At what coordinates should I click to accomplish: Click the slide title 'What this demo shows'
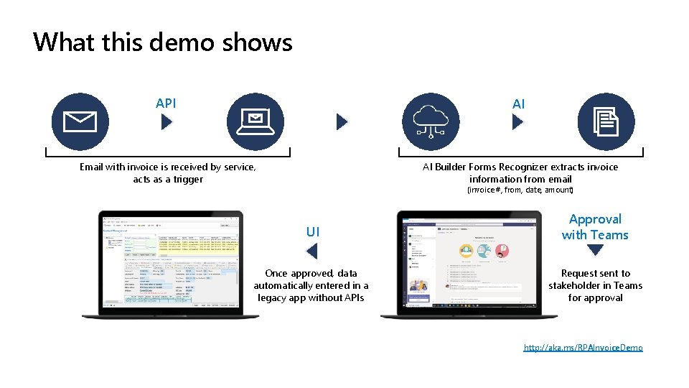click(163, 42)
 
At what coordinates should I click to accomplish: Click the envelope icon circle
click(80, 122)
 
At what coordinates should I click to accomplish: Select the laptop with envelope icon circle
click(256, 122)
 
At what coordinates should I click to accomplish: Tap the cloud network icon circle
click(431, 122)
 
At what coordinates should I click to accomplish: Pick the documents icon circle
click(606, 122)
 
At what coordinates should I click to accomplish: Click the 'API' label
click(166, 103)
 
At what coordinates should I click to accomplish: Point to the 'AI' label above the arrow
click(518, 104)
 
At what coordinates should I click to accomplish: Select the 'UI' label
click(313, 231)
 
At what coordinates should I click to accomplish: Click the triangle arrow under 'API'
click(167, 123)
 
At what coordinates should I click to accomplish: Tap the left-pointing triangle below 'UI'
click(311, 251)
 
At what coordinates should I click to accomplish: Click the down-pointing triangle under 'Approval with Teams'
click(595, 251)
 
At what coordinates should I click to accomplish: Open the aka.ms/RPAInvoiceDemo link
click(583, 348)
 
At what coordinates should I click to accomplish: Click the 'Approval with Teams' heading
click(595, 227)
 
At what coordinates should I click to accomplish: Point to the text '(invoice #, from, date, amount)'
click(520, 190)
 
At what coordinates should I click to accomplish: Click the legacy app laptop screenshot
click(170, 264)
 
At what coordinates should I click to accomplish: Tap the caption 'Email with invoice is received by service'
click(167, 167)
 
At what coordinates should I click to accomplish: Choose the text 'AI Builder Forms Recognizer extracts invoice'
click(520, 167)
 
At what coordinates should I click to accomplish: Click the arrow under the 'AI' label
click(518, 123)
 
